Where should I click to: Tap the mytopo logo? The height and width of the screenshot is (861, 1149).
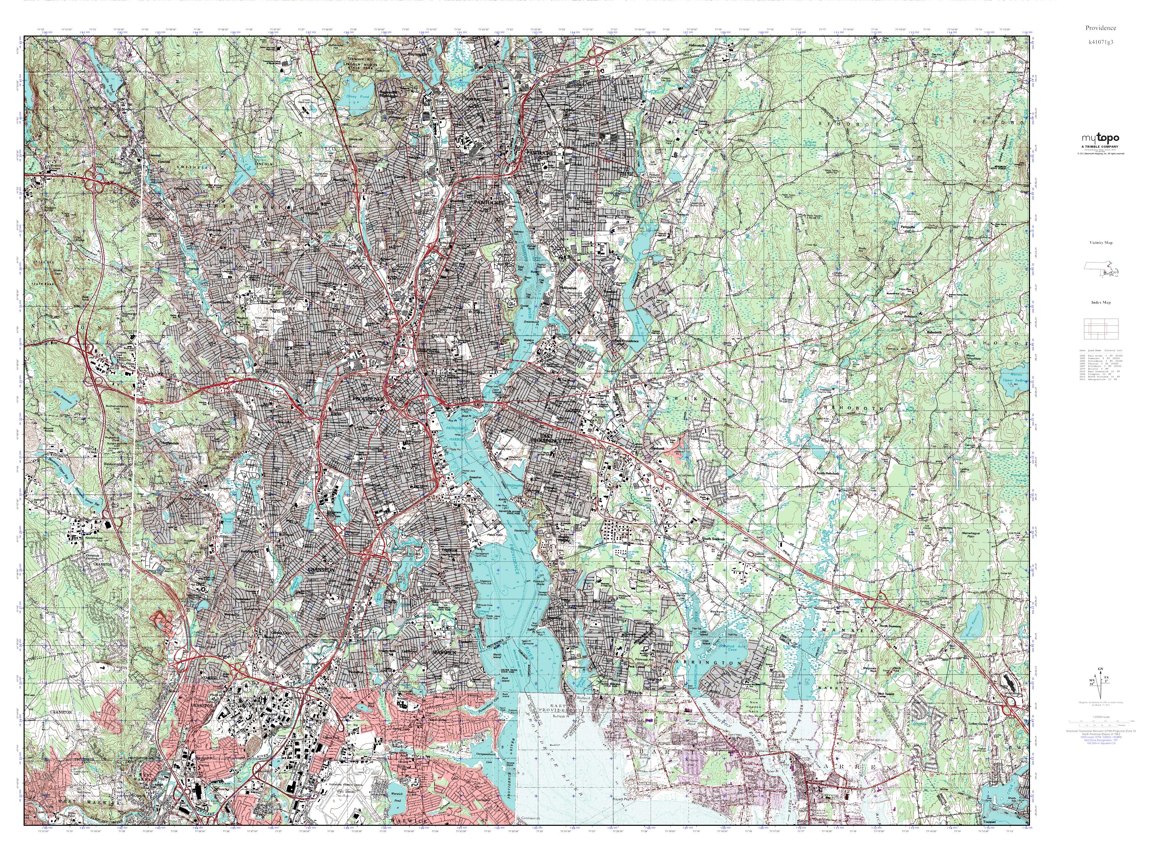coord(1100,138)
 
